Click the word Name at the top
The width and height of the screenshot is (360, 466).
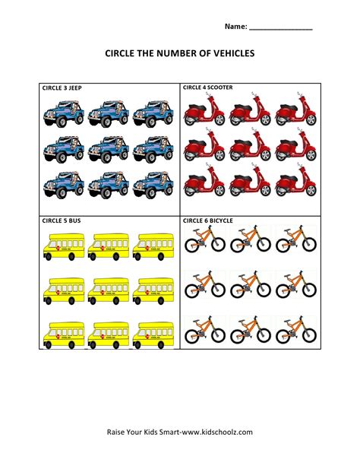[x=235, y=27]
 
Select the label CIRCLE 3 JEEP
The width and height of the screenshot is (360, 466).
[x=62, y=88]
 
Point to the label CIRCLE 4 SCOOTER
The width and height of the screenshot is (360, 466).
[x=207, y=87]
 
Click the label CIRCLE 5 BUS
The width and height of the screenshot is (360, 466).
[x=60, y=220]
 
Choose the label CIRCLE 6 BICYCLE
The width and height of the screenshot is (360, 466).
[x=207, y=220]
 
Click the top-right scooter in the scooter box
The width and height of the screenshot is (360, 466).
[x=295, y=113]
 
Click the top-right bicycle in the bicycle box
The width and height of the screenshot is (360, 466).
[x=295, y=239]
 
